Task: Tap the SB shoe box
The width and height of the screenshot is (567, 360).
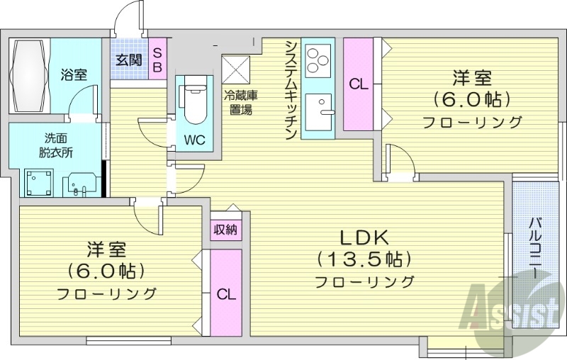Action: (x=157, y=59)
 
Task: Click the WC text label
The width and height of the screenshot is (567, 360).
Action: (x=194, y=140)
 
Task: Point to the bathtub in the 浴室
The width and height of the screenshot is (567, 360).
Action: (x=28, y=75)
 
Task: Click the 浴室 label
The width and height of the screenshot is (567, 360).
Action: (x=73, y=74)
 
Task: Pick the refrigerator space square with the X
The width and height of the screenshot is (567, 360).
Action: (x=237, y=69)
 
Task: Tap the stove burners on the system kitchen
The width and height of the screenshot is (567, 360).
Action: (x=318, y=59)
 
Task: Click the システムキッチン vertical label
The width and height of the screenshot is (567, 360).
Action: (x=291, y=89)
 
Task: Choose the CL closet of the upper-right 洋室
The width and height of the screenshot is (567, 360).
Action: (x=359, y=84)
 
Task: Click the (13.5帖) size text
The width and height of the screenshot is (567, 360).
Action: (x=364, y=259)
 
